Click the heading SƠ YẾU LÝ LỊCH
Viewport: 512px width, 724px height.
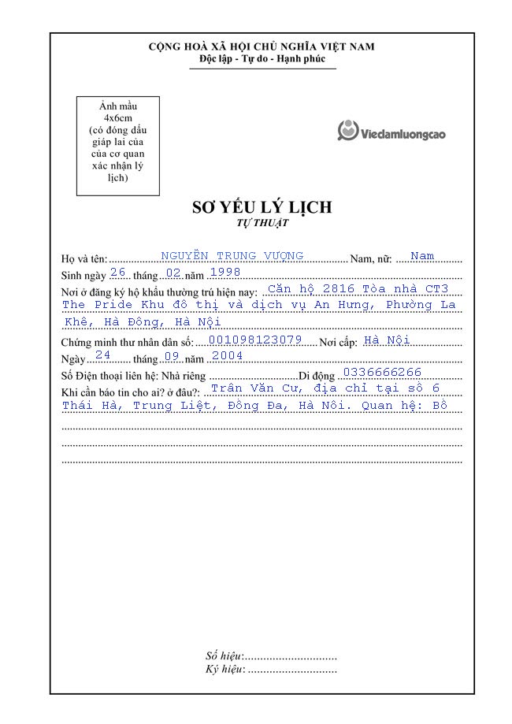coord(262,207)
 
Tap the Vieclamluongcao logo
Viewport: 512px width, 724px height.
coord(392,132)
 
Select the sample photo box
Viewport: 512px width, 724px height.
coord(117,146)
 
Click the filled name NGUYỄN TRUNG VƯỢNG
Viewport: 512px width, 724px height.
coord(232,255)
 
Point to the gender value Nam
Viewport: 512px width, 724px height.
coord(422,256)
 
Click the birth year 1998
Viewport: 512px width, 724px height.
coord(224,272)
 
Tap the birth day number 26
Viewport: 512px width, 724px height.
coord(118,272)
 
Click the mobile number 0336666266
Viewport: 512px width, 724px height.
coord(383,372)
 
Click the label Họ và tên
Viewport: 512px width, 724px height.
coord(83,259)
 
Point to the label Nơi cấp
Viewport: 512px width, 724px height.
coord(338,342)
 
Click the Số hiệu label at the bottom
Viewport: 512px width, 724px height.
coord(224,655)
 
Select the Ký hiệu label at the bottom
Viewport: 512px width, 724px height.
coord(224,670)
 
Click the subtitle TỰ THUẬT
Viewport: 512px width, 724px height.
coord(262,223)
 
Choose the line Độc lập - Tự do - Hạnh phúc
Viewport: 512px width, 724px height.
coord(262,60)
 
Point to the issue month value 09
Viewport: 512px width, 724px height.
coord(171,355)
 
